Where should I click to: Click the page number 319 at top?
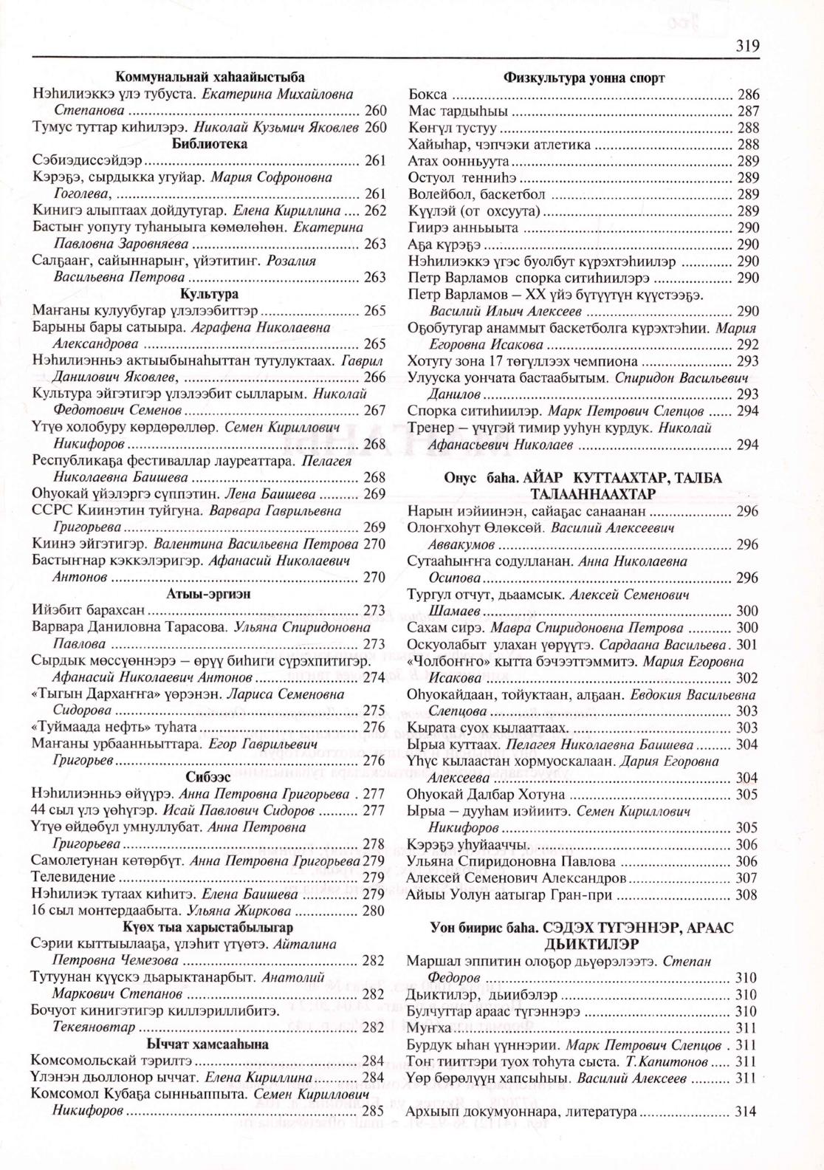tap(747, 47)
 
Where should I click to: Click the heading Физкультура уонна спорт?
tap(584, 78)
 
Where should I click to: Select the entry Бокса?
tap(428, 95)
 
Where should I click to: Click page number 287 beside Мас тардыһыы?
tap(748, 112)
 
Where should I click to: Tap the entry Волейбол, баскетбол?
tap(476, 194)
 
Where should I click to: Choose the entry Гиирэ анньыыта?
tap(463, 227)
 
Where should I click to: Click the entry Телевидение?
tap(74, 877)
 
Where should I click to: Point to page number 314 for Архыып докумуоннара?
tap(747, 1111)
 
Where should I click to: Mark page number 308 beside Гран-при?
tap(747, 895)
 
